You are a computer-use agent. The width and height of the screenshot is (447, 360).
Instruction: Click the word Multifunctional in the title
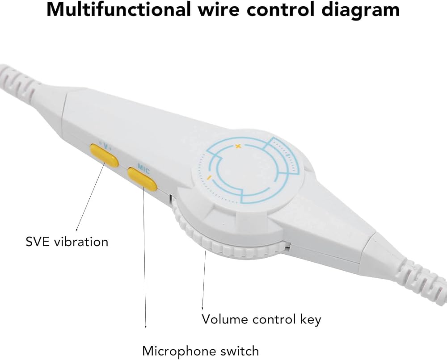[x=118, y=9]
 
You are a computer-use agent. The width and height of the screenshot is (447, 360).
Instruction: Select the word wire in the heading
[x=219, y=9]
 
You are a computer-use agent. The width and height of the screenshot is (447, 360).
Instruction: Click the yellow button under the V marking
[x=104, y=155]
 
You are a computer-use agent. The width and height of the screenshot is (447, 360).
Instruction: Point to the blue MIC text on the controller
[x=143, y=168]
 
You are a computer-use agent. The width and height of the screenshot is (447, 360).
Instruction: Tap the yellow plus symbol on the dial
[x=238, y=147]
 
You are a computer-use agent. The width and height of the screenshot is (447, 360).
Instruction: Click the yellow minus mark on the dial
[x=209, y=178]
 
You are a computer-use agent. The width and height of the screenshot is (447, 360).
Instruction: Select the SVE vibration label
[x=67, y=242]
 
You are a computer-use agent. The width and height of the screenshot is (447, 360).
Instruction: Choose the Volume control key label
[x=261, y=319]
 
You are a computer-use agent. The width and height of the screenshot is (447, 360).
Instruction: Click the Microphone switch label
[x=200, y=351]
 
